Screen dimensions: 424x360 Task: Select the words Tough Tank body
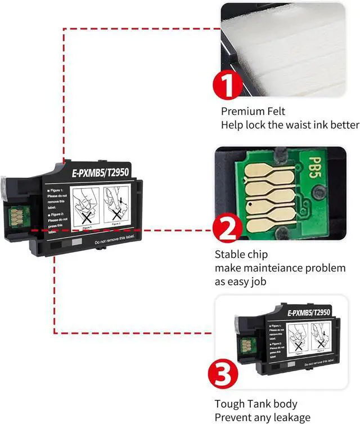pos(256,404)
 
